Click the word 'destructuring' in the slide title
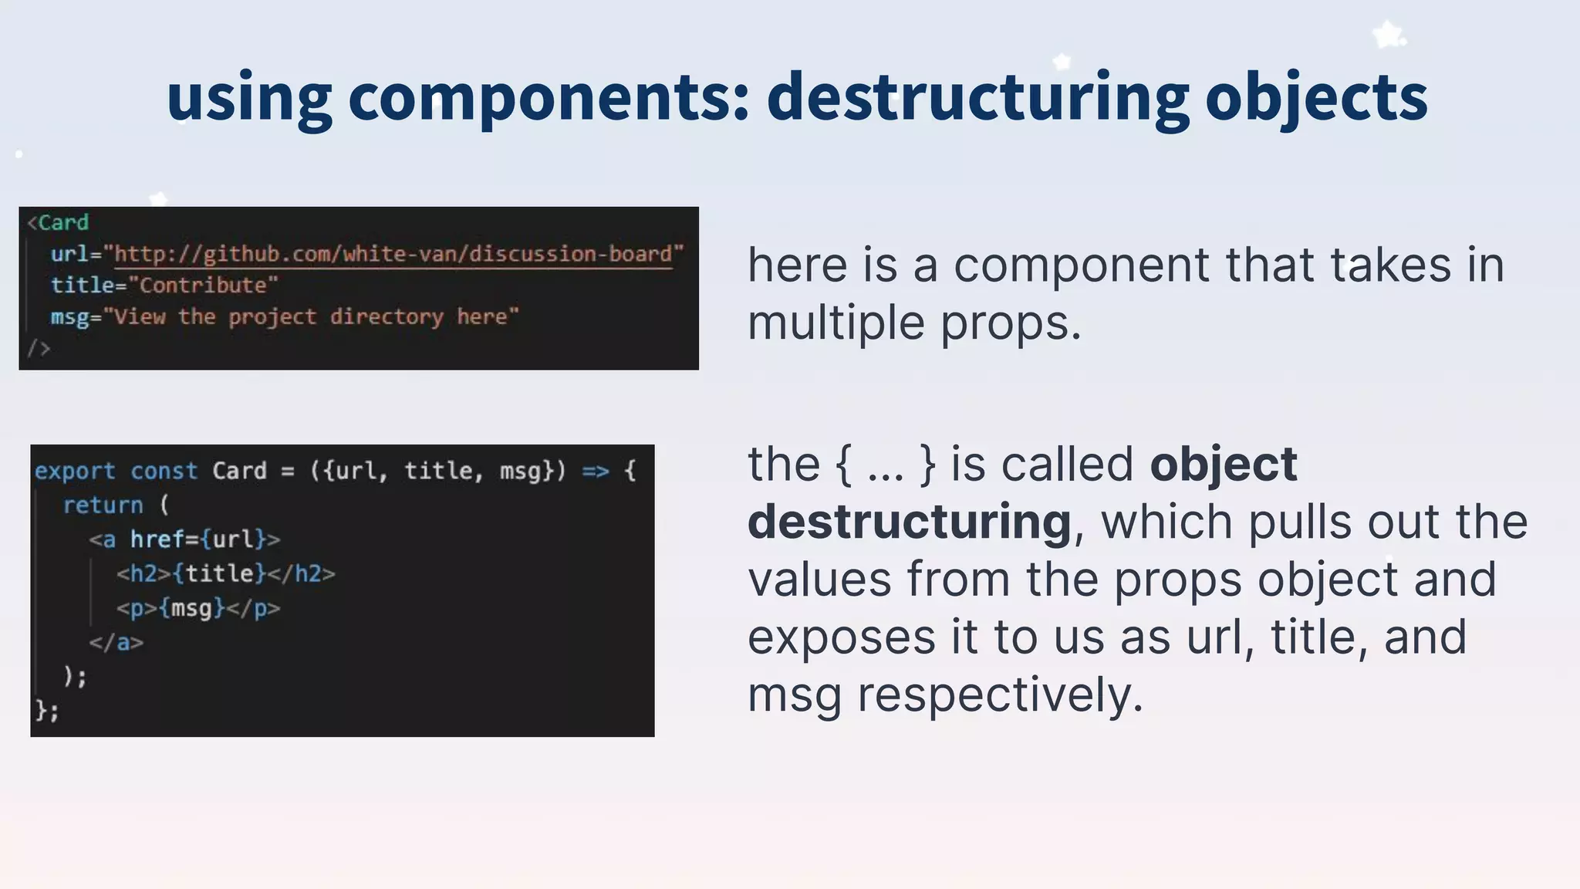[x=977, y=97]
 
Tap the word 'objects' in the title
[x=1316, y=99]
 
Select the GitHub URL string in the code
[x=393, y=254]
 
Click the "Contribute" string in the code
[x=203, y=286]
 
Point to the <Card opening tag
[x=59, y=223]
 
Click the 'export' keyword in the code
[x=75, y=471]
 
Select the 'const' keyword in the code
[x=164, y=471]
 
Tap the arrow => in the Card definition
[x=595, y=471]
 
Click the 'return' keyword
[x=103, y=505]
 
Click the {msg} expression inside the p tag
[x=192, y=608]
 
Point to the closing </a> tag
[x=116, y=642]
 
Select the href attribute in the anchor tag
[x=157, y=539]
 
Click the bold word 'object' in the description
[x=1224, y=465]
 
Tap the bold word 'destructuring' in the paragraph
[x=910, y=522]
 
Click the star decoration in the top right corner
[x=1388, y=35]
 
